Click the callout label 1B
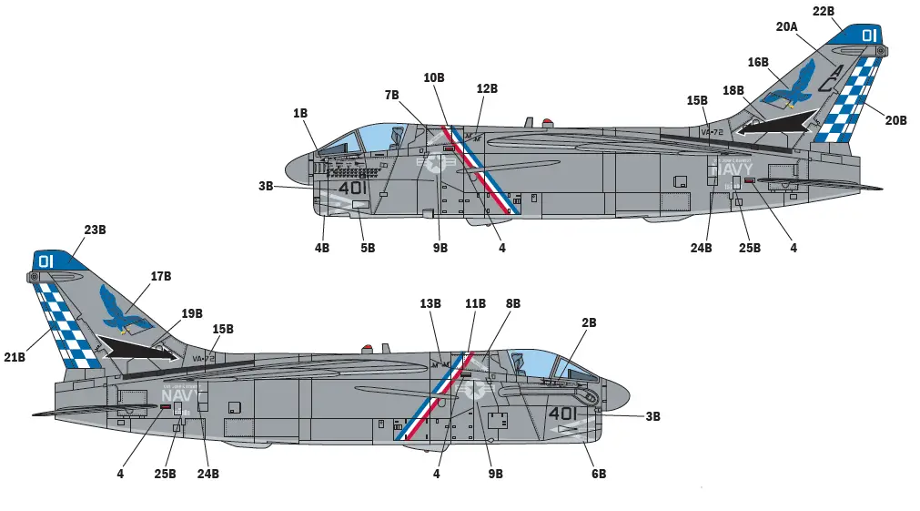click(299, 113)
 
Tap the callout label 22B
click(823, 11)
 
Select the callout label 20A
click(787, 27)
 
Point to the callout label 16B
click(758, 62)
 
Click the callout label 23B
click(96, 230)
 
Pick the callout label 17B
click(161, 275)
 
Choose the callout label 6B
click(598, 474)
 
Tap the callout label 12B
click(487, 88)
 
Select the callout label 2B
click(589, 322)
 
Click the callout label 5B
click(367, 247)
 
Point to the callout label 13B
click(430, 302)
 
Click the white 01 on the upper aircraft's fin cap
click(868, 36)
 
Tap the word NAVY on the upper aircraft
click(732, 169)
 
